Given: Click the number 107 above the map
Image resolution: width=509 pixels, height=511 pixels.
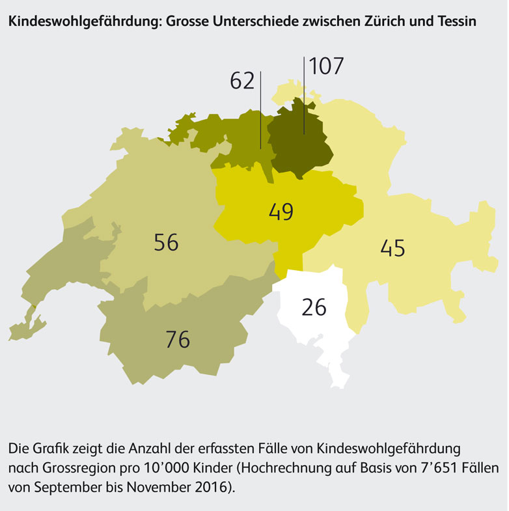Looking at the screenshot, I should point(326,66).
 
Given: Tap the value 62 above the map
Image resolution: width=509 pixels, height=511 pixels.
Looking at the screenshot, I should point(242,81).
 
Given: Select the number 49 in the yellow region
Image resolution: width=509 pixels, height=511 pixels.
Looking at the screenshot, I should point(281,212).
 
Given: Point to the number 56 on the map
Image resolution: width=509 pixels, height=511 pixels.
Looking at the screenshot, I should point(166,242).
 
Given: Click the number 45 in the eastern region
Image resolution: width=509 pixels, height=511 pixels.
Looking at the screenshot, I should point(392,248).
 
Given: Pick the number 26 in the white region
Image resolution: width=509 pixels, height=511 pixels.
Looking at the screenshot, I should point(314,307).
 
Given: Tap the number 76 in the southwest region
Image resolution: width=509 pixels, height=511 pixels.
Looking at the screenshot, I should point(177,339).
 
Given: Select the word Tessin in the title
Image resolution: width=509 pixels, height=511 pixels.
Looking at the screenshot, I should point(456,21).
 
